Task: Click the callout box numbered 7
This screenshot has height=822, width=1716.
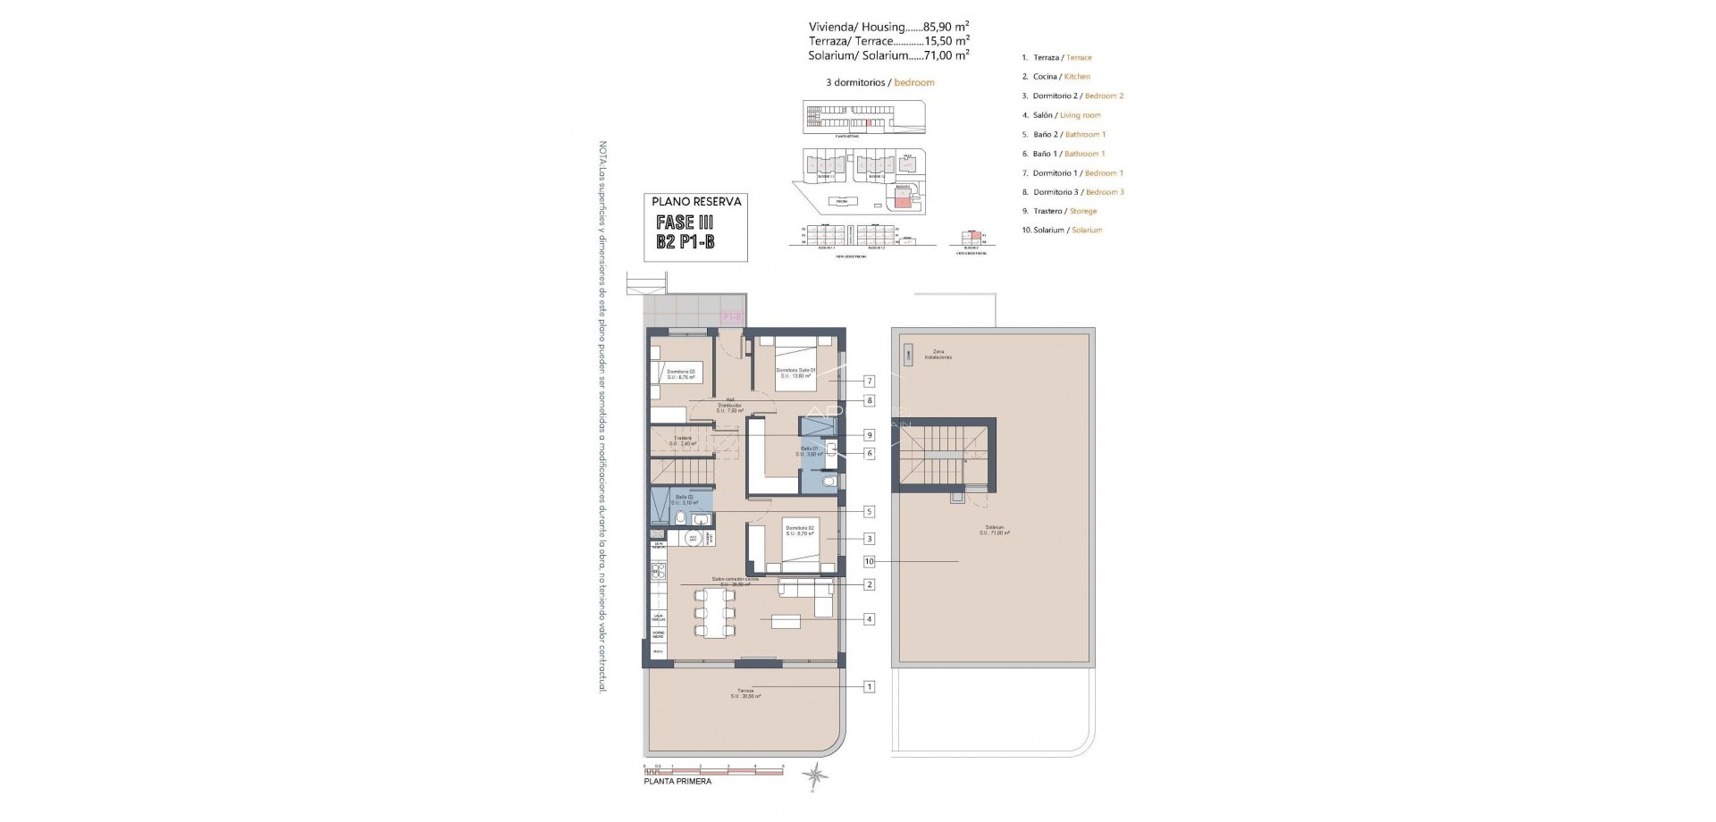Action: pyautogui.click(x=870, y=382)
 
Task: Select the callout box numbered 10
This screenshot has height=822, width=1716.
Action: pyautogui.click(x=870, y=562)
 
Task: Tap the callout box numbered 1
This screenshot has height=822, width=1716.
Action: pyautogui.click(x=870, y=687)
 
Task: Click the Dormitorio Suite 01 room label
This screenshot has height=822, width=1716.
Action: pyautogui.click(x=795, y=373)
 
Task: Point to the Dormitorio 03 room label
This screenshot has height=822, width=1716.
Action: pyautogui.click(x=681, y=374)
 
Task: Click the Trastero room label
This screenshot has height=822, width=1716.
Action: pyautogui.click(x=683, y=440)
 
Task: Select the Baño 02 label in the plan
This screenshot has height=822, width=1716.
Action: pyautogui.click(x=685, y=499)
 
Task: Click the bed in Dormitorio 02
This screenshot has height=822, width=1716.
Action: pyautogui.click(x=807, y=546)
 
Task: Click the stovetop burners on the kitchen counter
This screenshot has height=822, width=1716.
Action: pyautogui.click(x=658, y=572)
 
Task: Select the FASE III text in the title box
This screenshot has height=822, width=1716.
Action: pyautogui.click(x=684, y=222)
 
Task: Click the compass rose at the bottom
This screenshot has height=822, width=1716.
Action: pyautogui.click(x=815, y=776)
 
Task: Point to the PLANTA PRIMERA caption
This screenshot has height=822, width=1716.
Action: pyautogui.click(x=677, y=782)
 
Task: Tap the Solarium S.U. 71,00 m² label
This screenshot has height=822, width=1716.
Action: pyautogui.click(x=995, y=530)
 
